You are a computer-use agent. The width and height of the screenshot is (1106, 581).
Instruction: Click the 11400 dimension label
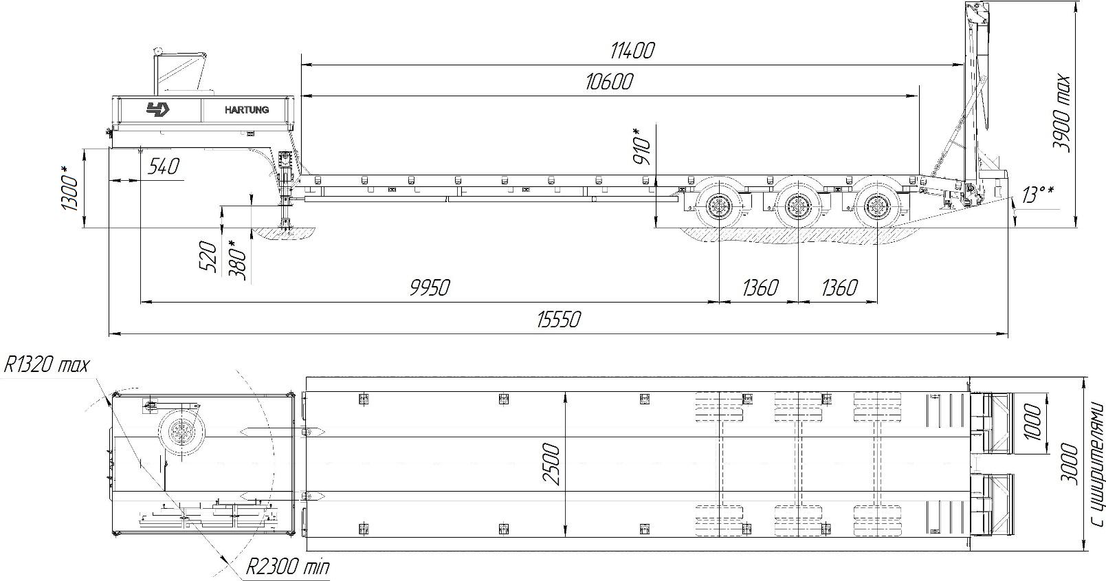point(632,50)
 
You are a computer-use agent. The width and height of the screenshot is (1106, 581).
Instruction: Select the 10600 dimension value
point(608,82)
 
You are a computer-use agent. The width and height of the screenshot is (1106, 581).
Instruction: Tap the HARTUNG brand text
point(247,110)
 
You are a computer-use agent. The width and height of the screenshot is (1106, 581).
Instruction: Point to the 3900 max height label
point(1061,113)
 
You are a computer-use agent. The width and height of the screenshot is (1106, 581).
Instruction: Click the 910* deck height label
point(641,146)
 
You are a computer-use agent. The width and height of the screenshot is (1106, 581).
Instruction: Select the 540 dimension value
point(163,166)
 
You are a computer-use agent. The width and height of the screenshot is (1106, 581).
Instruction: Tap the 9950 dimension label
point(430,287)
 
